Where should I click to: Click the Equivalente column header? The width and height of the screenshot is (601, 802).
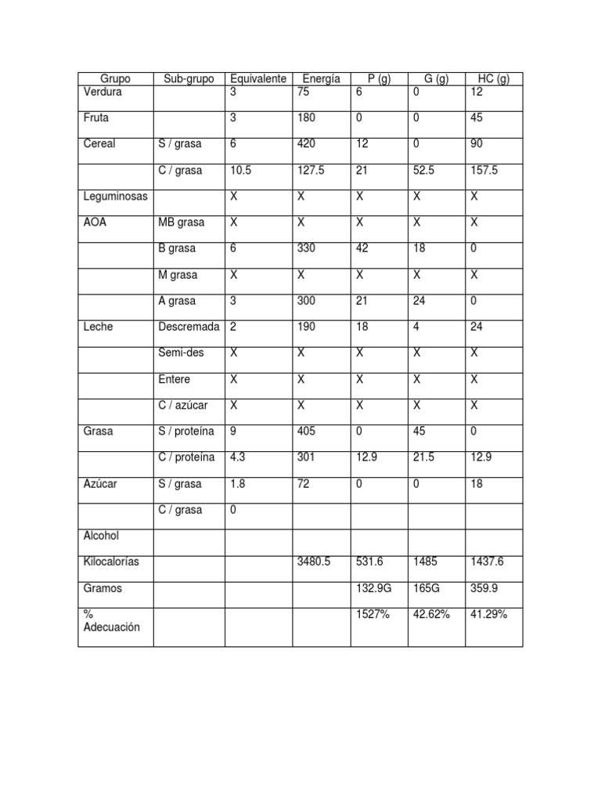(258, 79)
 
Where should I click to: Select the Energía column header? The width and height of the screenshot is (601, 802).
(321, 79)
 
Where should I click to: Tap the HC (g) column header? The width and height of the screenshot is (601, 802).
(493, 79)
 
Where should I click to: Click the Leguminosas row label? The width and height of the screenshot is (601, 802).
(116, 197)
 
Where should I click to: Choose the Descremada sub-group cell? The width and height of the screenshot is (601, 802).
(189, 327)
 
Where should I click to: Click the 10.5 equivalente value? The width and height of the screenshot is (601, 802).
(242, 171)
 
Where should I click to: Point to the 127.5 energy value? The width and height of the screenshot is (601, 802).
(312, 171)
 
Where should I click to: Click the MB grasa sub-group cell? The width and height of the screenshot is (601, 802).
(181, 222)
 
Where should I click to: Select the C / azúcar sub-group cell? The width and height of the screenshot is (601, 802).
(183, 406)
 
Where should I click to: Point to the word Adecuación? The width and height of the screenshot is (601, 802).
(112, 627)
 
